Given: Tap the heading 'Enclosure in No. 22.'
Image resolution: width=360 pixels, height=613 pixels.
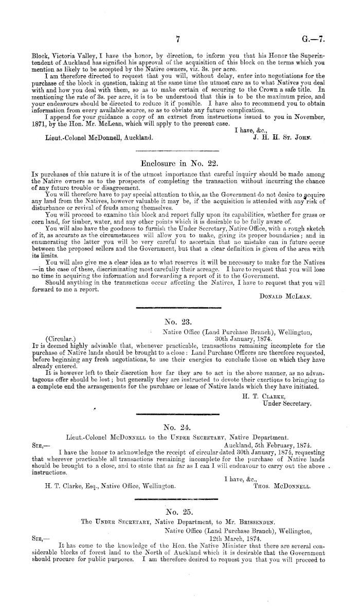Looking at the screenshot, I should (x=176, y=162).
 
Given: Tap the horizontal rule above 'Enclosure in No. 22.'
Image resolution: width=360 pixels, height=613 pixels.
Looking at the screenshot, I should (x=176, y=151).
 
